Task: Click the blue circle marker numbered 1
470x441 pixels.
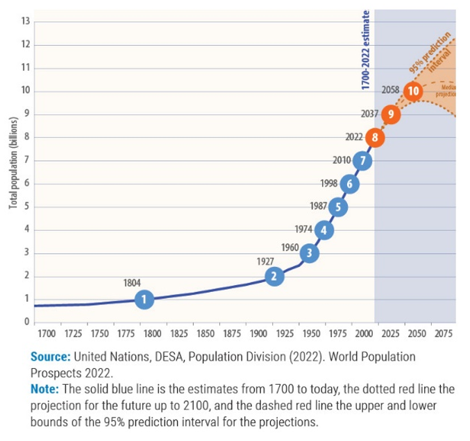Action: point(144,300)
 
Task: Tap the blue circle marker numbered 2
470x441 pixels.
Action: point(275,276)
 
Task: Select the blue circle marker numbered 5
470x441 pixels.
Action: point(337,207)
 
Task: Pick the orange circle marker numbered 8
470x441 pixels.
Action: point(375,137)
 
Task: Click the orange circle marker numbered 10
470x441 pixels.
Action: point(414,91)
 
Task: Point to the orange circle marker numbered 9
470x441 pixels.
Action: point(391,114)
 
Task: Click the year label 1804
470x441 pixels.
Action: point(134,283)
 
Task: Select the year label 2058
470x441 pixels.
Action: point(392,90)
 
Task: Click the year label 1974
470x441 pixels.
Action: point(304,230)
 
